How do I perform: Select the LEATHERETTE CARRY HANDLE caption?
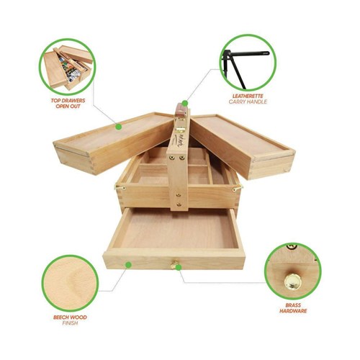[248, 99]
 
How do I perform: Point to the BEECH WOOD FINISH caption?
[69, 319]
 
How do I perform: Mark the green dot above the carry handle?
[184, 103]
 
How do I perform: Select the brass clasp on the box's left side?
[117, 188]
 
